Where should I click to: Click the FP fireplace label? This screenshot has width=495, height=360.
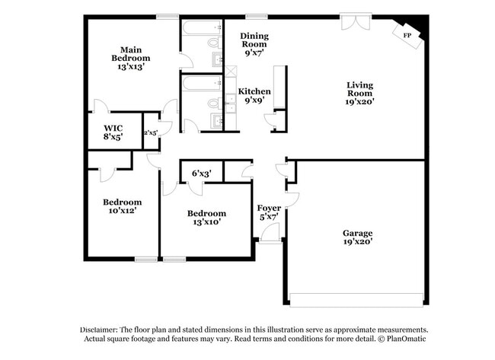click(x=407, y=36)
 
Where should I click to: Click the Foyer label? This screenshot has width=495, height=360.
click(x=268, y=208)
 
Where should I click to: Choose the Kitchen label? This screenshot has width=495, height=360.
click(x=254, y=91)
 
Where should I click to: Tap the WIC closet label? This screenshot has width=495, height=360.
click(x=113, y=128)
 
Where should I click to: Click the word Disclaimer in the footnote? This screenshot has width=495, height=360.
click(x=104, y=330)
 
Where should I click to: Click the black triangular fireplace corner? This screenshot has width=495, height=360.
click(x=418, y=24)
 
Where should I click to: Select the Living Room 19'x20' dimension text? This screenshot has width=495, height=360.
click(x=360, y=100)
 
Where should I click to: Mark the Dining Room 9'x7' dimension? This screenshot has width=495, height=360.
click(x=255, y=53)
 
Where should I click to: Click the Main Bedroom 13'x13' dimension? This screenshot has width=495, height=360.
click(x=130, y=67)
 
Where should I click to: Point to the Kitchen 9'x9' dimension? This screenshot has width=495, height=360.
click(x=254, y=100)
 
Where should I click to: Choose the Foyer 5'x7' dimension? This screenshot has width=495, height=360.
click(x=268, y=217)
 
